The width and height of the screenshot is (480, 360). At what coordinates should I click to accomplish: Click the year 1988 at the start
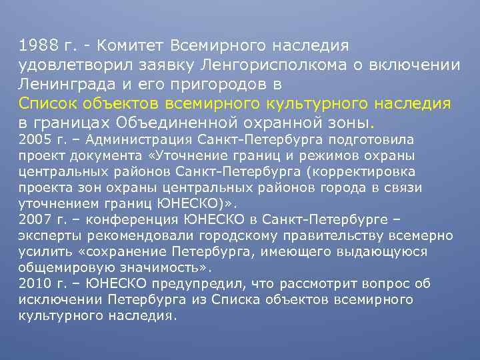(38, 46)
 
